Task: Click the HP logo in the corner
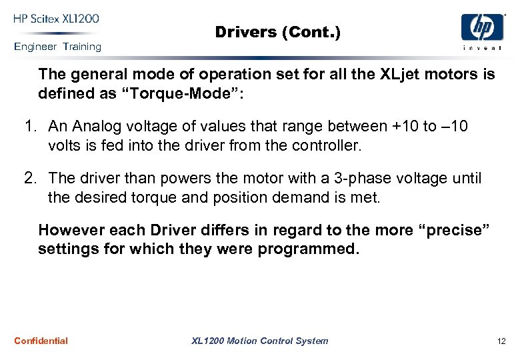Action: [482, 27]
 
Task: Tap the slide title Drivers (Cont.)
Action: [277, 32]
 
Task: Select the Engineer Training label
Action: [57, 47]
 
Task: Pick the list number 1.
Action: [29, 127]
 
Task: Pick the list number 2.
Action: [29, 178]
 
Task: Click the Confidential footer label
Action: [41, 341]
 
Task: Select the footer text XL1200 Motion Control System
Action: [259, 341]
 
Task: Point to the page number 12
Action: [501, 341]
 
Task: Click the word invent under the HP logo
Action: [482, 47]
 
